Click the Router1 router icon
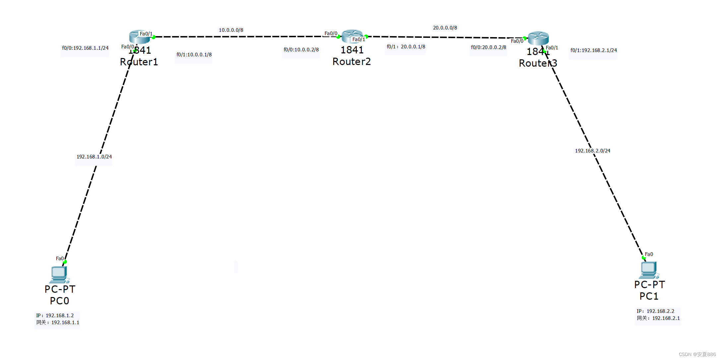click(139, 37)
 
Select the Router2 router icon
click(352, 36)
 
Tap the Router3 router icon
click(538, 38)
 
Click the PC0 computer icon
click(59, 274)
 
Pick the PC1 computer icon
click(649, 270)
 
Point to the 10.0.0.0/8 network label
click(231, 30)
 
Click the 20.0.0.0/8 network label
click(445, 28)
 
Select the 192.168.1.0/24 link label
click(94, 157)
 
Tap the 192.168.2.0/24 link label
click(592, 151)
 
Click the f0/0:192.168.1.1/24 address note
click(85, 48)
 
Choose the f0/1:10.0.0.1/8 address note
click(194, 55)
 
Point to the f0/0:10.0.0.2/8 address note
click(301, 50)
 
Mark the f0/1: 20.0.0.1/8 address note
click(406, 47)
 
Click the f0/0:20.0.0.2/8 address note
click(489, 47)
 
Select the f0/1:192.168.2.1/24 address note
click(594, 50)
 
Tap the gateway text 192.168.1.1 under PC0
click(65, 323)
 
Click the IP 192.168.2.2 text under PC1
click(660, 311)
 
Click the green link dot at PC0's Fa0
click(65, 262)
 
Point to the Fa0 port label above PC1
click(649, 254)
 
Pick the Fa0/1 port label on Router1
click(146, 34)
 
